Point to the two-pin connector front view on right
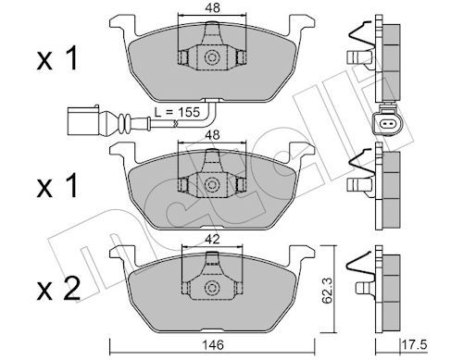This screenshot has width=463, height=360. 385,125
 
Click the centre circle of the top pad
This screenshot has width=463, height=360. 211,57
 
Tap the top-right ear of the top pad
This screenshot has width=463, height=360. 301,25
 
